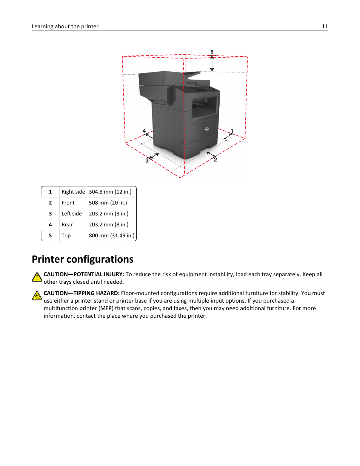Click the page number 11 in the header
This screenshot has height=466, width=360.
tap(325, 26)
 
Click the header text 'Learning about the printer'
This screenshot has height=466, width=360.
tap(65, 26)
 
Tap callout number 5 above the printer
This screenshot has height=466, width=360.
tap(212, 52)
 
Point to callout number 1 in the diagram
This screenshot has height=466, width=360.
tap(232, 131)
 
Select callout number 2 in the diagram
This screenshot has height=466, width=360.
tap(215, 160)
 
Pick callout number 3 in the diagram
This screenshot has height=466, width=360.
tap(147, 160)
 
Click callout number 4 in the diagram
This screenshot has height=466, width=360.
tap(144, 131)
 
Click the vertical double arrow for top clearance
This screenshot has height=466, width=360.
tap(212, 63)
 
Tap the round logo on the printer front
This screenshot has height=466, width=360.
tap(207, 129)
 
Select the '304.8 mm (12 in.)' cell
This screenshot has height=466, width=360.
tap(110, 192)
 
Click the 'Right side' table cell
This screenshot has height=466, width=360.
tap(73, 192)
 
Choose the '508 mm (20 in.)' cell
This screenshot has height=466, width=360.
tap(108, 203)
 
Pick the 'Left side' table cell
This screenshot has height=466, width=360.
tap(72, 214)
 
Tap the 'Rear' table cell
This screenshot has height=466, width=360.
tap(67, 225)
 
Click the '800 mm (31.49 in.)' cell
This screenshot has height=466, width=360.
tap(112, 235)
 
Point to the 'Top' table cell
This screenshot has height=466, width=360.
tap(66, 235)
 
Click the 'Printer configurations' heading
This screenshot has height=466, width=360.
tap(83, 259)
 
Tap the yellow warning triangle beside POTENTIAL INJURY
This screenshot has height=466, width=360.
tap(37, 277)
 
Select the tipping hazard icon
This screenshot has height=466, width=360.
tap(37, 296)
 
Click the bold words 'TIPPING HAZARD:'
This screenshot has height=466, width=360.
tap(96, 293)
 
